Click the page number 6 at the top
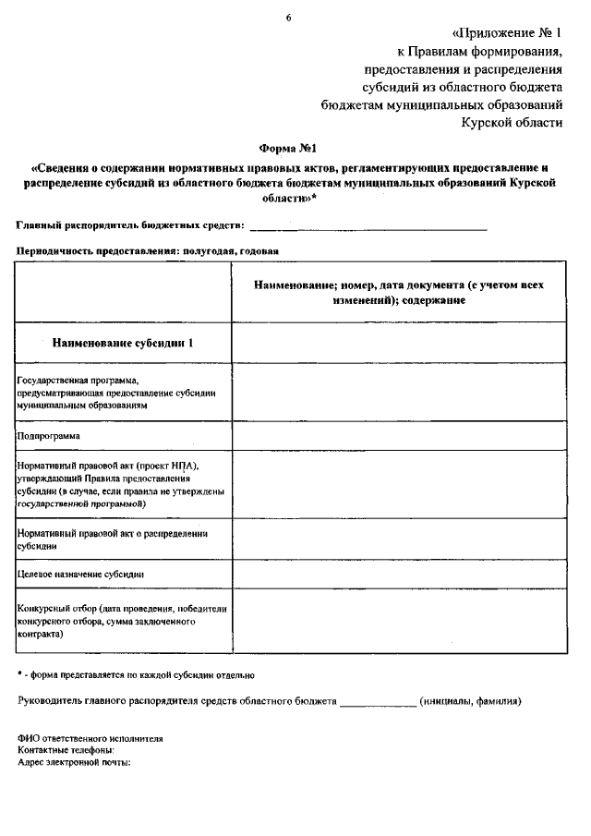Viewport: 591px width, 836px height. (x=288, y=18)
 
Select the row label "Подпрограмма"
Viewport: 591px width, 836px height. (x=49, y=435)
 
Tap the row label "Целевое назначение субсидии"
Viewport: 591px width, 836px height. (x=80, y=574)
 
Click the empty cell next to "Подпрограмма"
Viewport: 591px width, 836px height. (x=398, y=435)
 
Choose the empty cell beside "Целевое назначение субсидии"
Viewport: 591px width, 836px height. (x=398, y=574)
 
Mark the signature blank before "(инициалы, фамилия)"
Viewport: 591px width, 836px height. (x=378, y=701)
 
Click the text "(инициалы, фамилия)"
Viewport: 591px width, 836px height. (x=470, y=700)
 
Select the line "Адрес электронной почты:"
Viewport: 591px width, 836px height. (x=74, y=763)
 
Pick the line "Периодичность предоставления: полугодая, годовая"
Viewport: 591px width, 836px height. (x=148, y=250)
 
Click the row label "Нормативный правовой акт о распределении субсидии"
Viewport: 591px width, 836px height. (x=112, y=539)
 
